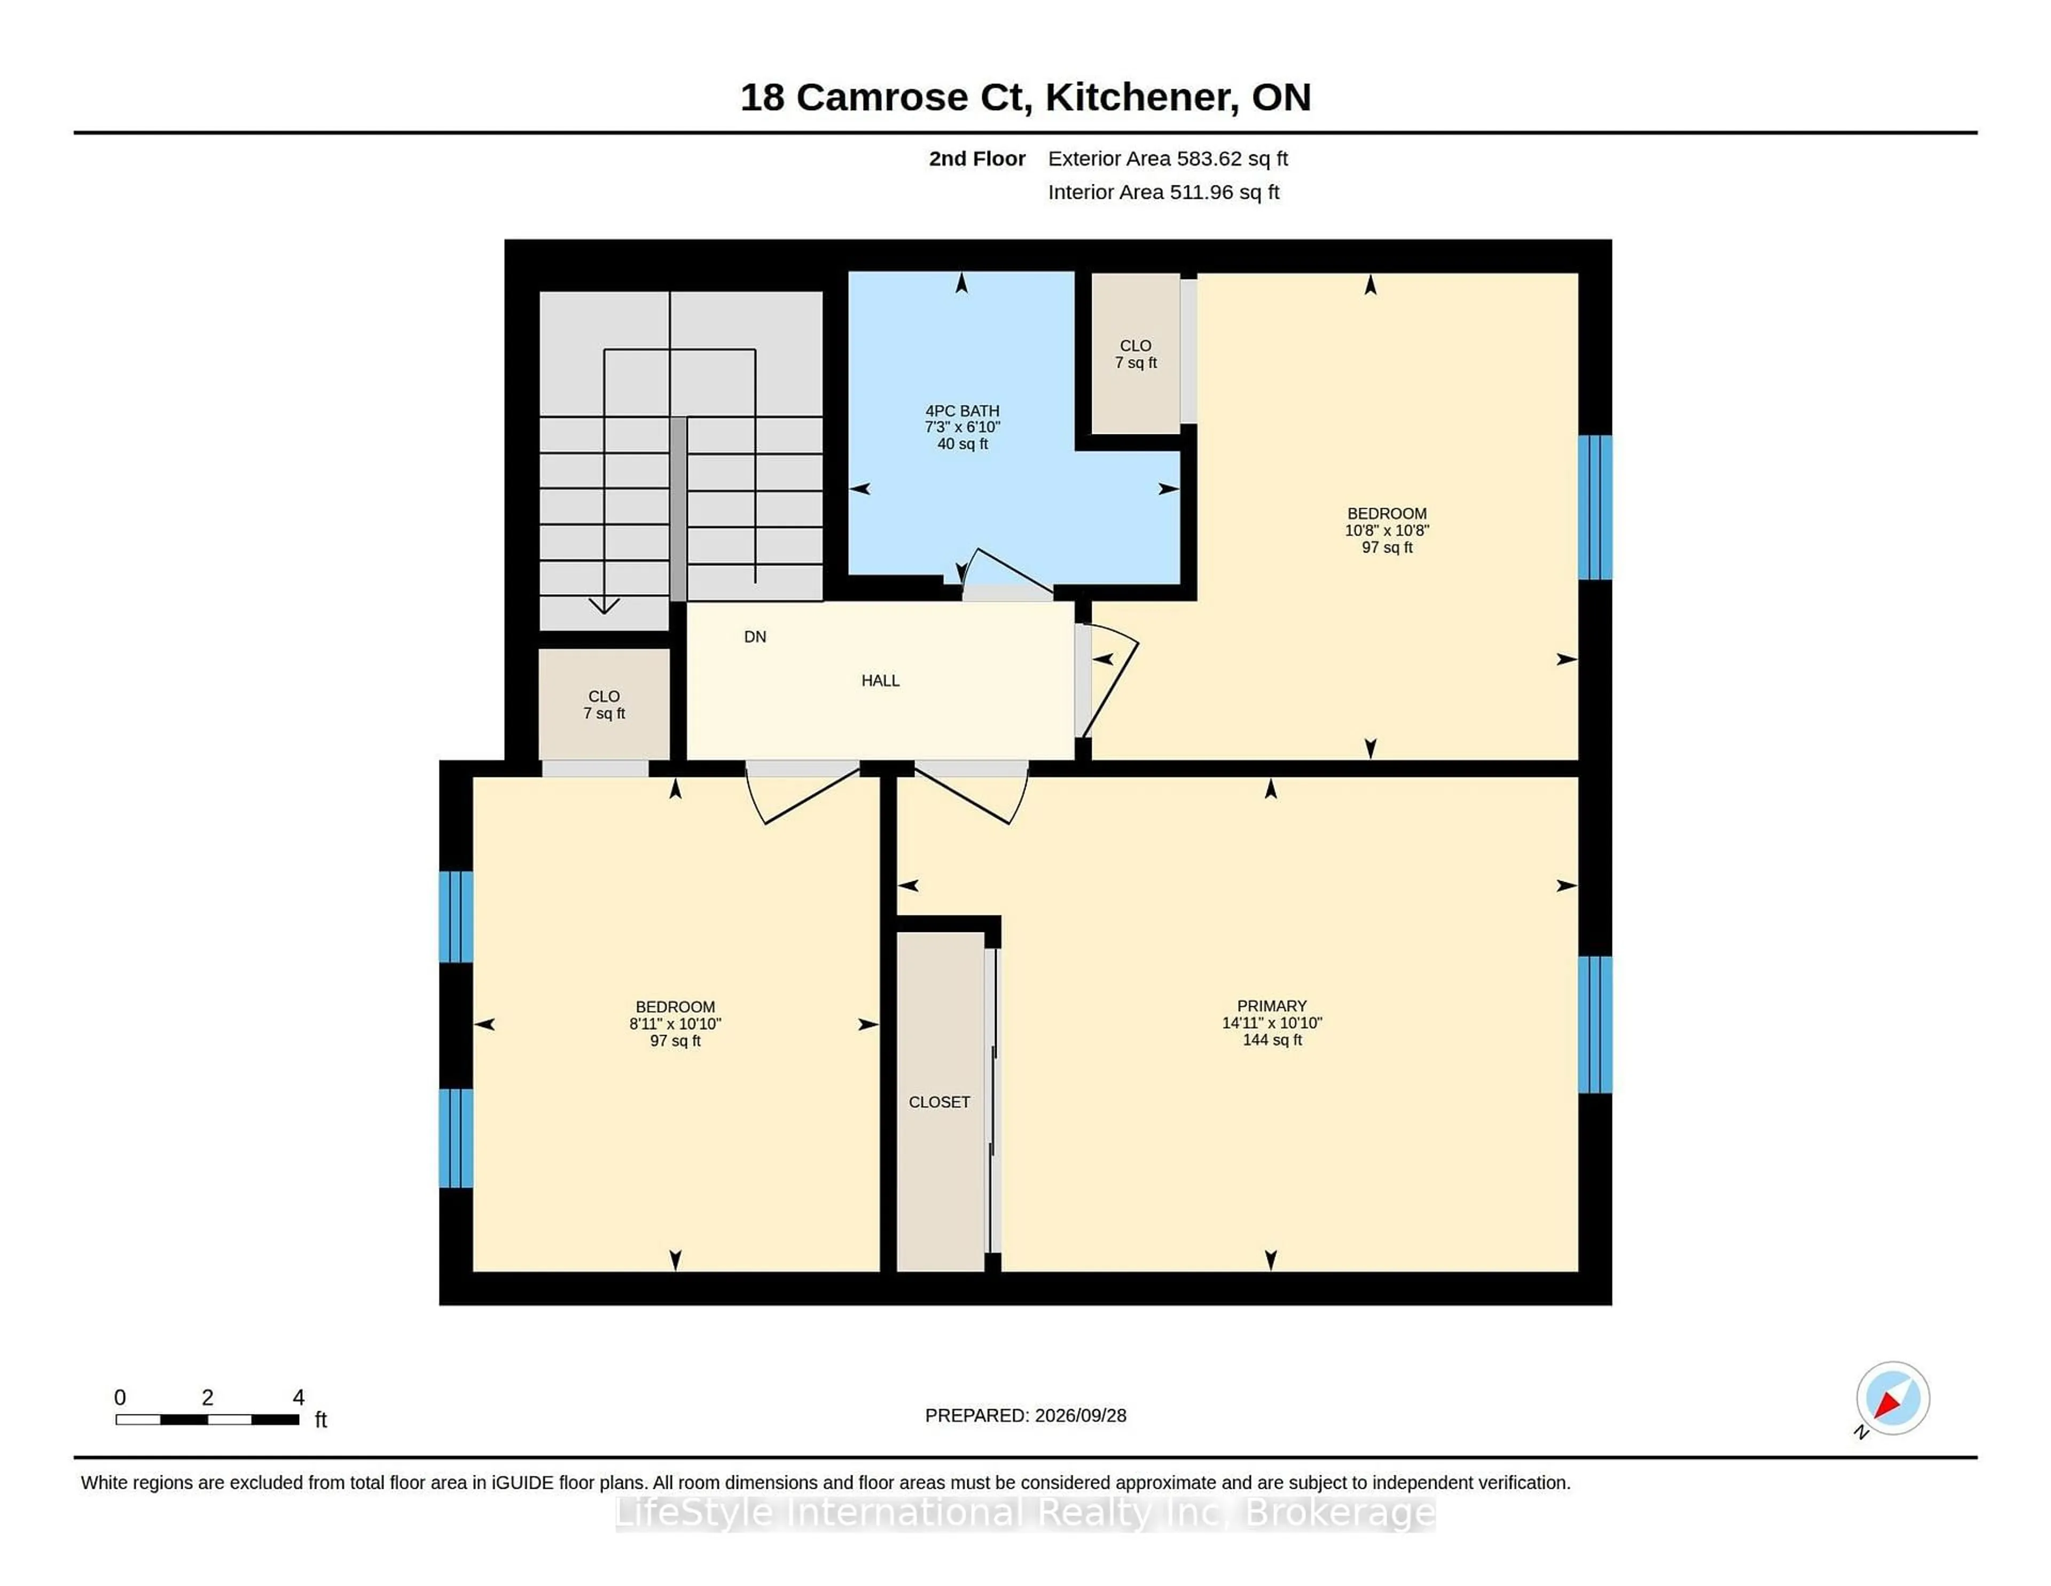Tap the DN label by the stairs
755,637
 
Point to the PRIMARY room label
1272,1005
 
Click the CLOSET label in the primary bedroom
939,1102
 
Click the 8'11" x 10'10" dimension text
675,1023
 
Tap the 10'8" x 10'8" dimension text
1387,530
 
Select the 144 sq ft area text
1272,1039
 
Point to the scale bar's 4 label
299,1397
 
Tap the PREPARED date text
1025,1415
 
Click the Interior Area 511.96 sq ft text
1163,192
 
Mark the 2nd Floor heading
977,159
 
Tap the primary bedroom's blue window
1594,1024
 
